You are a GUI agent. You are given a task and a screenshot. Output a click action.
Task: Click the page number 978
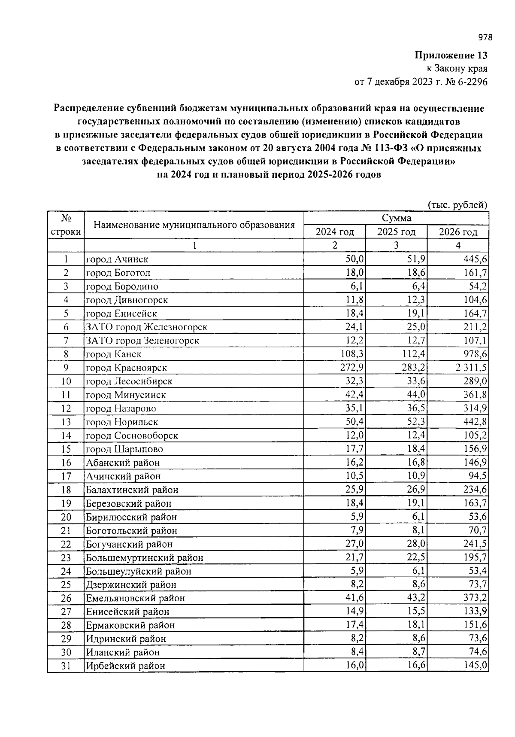point(485,37)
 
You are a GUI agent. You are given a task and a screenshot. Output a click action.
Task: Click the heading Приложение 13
point(451,55)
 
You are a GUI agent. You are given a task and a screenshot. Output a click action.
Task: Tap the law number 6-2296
point(472,82)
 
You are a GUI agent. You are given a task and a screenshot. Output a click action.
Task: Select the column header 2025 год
point(396,232)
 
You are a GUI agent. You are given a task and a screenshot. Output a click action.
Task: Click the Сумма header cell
point(396,218)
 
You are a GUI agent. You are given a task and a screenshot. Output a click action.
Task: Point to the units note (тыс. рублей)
point(458,205)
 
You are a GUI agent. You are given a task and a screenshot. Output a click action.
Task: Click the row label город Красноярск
point(126,368)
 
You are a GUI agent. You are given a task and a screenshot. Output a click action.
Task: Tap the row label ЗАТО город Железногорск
point(146,327)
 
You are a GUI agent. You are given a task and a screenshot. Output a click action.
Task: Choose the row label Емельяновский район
point(135,598)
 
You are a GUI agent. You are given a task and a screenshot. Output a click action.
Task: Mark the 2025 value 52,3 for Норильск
point(416,422)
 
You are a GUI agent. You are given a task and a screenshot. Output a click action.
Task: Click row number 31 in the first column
point(66,666)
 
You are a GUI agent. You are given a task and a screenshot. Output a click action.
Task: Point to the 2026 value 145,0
point(475,666)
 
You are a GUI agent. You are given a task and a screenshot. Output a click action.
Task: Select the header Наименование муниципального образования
point(194,225)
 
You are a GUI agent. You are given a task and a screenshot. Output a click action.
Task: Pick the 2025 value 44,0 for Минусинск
point(416,395)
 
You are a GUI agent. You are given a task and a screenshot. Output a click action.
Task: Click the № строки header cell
point(66,225)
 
